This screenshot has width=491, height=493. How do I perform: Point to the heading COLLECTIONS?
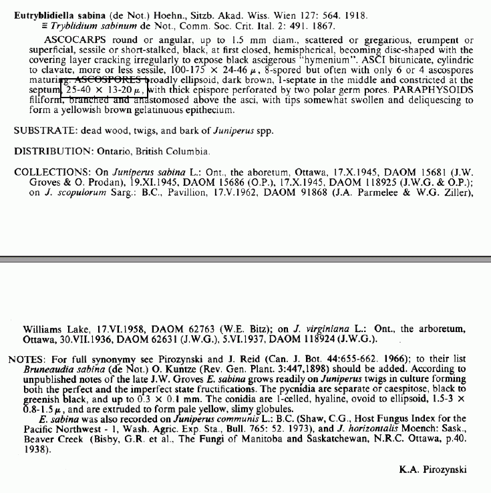click(x=50, y=172)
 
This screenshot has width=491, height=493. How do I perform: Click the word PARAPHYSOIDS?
click(x=433, y=90)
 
